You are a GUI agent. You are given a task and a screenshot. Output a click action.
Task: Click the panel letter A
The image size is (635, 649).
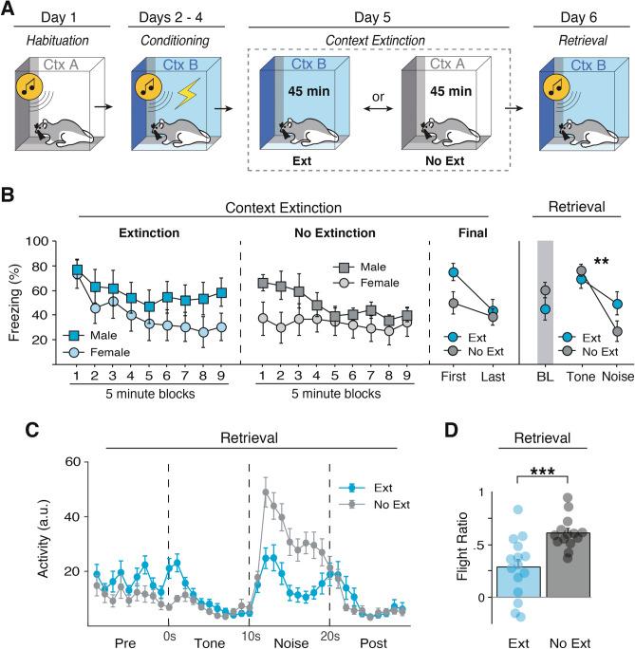click(11, 13)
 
